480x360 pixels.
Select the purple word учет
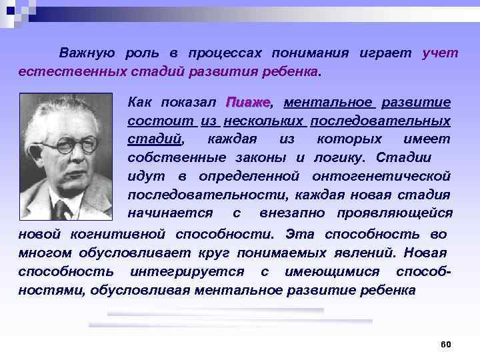pyautogui.click(x=440, y=53)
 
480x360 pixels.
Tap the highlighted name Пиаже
pyautogui.click(x=248, y=103)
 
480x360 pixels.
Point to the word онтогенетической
pyautogui.click(x=381, y=175)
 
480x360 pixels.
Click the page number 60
pyautogui.click(x=446, y=344)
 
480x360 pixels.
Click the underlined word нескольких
pyautogui.click(x=264, y=121)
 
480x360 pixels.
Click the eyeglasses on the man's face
pyautogui.click(x=63, y=146)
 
